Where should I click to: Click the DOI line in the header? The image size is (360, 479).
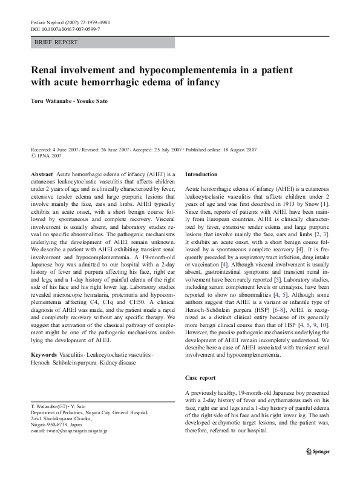click(x=65, y=28)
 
